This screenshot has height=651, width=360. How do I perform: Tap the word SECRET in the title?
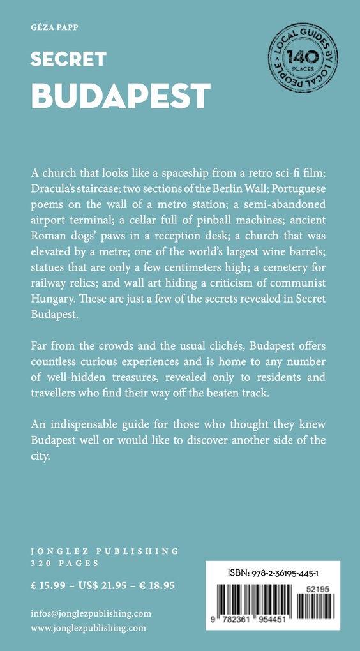(68, 60)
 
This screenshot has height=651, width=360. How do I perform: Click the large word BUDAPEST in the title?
(121, 96)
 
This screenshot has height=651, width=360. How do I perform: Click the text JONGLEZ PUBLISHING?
(105, 551)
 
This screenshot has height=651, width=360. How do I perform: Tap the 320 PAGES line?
(65, 563)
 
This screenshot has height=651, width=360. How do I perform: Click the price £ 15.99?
(49, 585)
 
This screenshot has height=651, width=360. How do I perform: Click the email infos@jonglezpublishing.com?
(91, 613)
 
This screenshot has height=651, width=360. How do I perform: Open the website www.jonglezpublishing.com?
(88, 627)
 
